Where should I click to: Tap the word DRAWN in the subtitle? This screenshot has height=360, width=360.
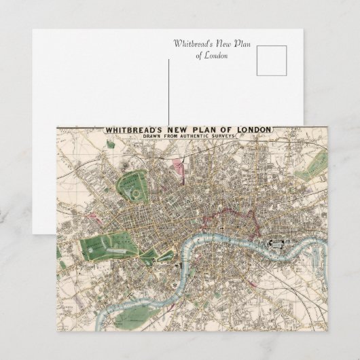point(154,137)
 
